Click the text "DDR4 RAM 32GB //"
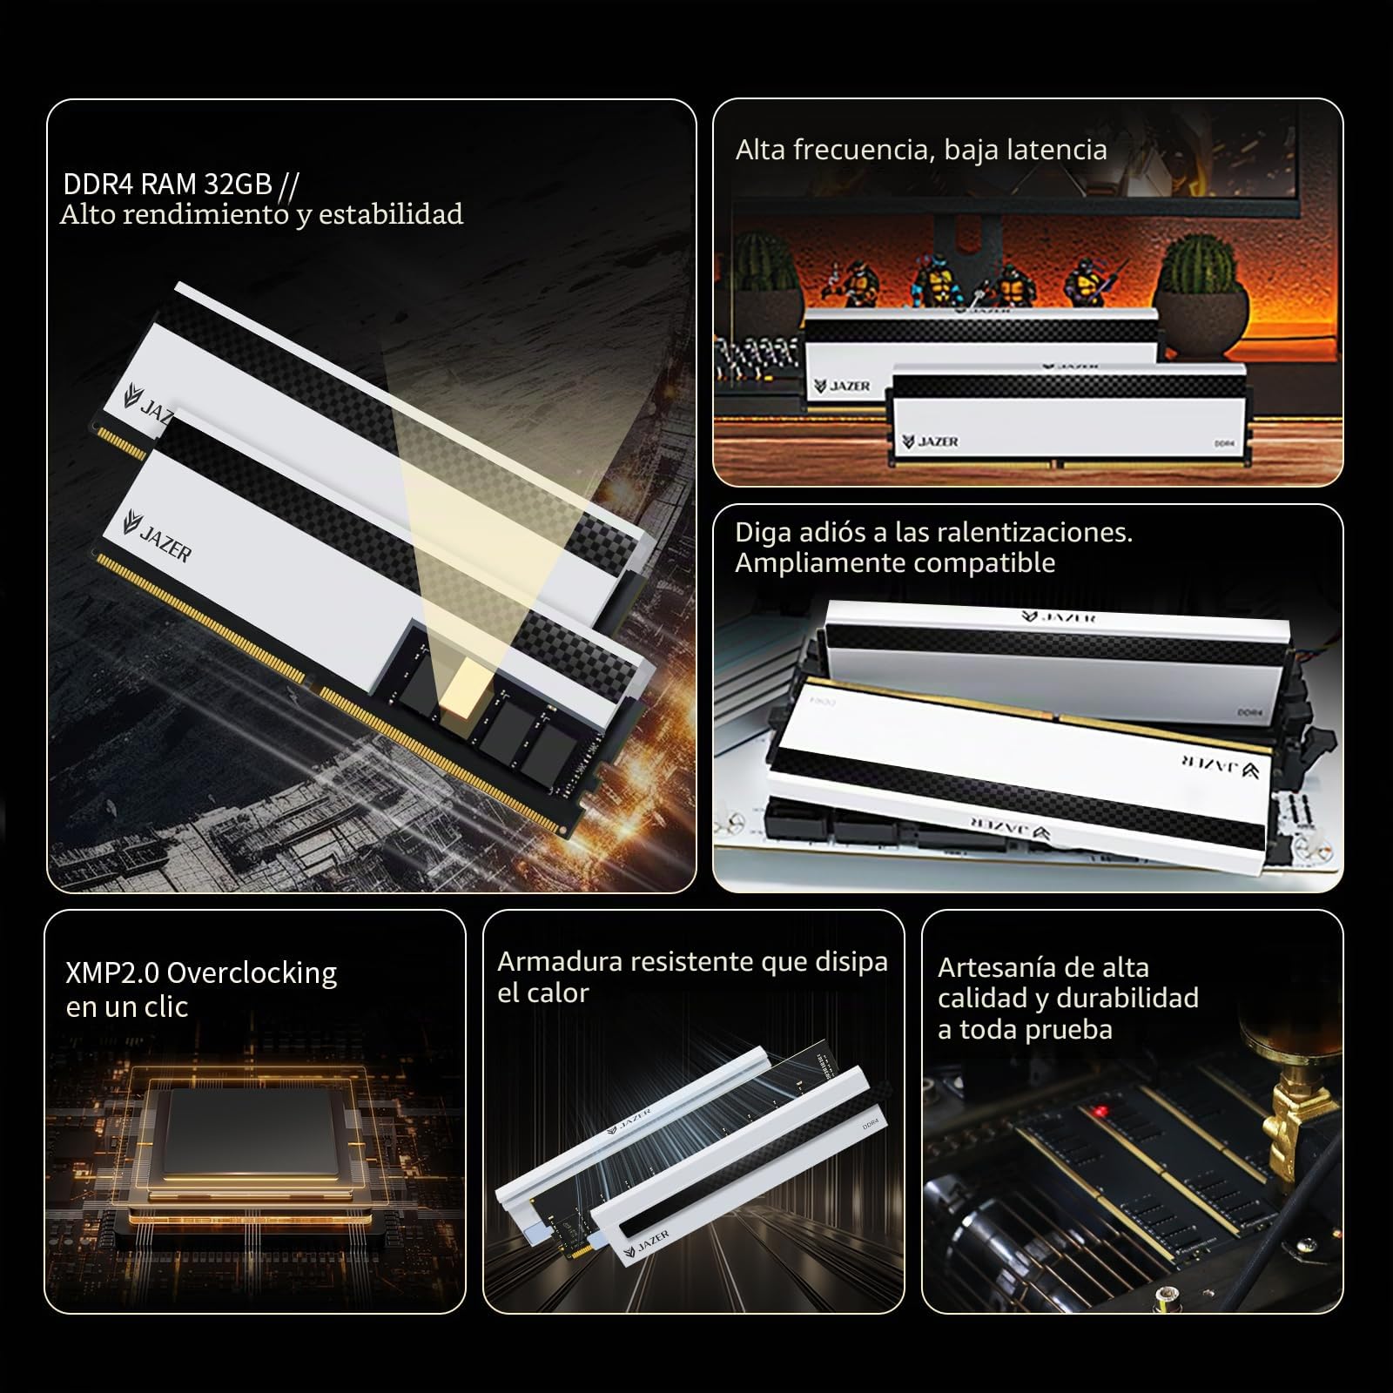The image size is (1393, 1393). pyautogui.click(x=181, y=185)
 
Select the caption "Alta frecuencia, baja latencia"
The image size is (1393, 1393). pyautogui.click(x=921, y=150)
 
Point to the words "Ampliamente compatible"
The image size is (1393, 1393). pyautogui.click(x=895, y=563)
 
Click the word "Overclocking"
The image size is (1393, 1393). pyautogui.click(x=252, y=972)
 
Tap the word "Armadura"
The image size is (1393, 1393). pyautogui.click(x=560, y=961)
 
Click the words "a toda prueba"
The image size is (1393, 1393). pyautogui.click(x=1025, y=1030)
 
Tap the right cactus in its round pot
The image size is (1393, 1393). pyautogui.click(x=1199, y=279)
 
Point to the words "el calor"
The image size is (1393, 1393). pyautogui.click(x=542, y=993)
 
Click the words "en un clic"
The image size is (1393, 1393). pyautogui.click(x=127, y=1007)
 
